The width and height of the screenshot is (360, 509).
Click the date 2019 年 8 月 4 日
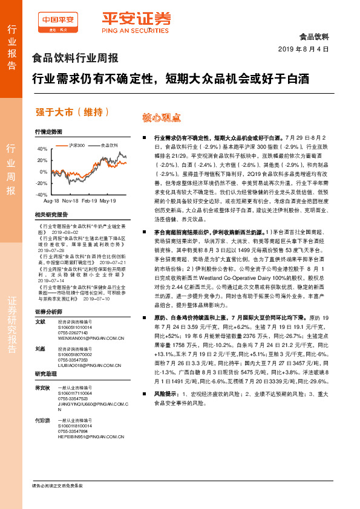[x=303, y=48]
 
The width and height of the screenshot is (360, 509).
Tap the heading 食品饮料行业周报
[x=74, y=59]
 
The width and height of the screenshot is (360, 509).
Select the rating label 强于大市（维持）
[x=73, y=112]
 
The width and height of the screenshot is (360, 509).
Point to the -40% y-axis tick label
[x=41, y=195]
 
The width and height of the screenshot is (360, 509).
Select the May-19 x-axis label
[x=108, y=200]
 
